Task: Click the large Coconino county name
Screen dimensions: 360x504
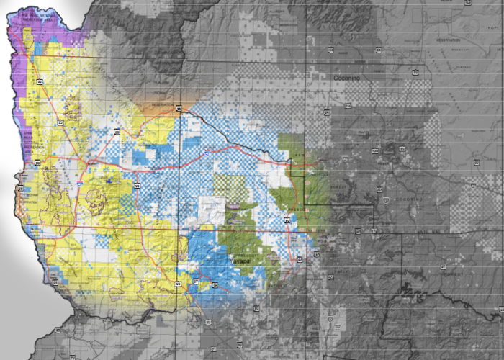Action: pyautogui.click(x=346, y=76)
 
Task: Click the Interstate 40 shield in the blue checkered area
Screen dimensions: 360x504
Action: pyautogui.click(x=208, y=153)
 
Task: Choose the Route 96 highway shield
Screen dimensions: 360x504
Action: pyautogui.click(x=214, y=286)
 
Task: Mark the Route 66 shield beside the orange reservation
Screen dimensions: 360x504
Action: pyautogui.click(x=179, y=108)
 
